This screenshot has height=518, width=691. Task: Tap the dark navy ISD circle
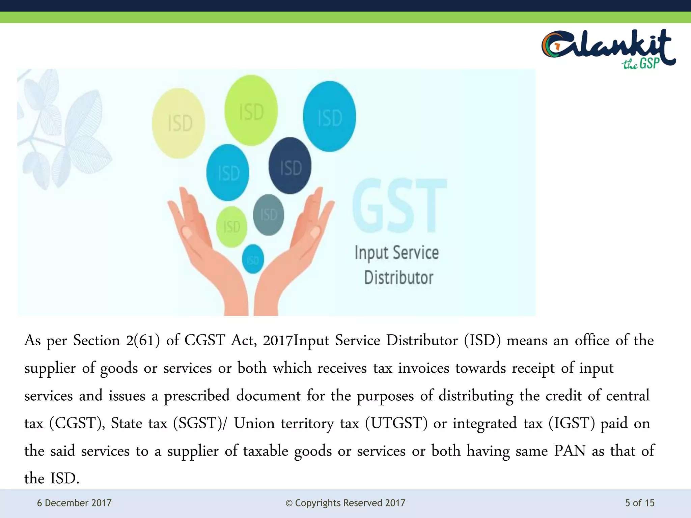click(290, 166)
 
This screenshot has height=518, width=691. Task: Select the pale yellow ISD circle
click(178, 123)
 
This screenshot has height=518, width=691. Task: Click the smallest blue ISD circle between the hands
click(253, 259)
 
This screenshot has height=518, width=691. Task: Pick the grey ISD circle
click(269, 215)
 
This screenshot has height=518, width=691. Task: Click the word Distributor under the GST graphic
click(398, 278)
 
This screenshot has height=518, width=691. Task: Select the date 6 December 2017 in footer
click(74, 503)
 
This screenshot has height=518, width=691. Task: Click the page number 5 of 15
click(639, 503)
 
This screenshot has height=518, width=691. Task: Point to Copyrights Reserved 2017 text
click(345, 503)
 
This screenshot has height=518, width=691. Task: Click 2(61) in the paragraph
click(143, 340)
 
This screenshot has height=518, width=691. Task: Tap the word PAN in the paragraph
click(570, 451)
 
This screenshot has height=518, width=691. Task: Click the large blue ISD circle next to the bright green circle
click(329, 117)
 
